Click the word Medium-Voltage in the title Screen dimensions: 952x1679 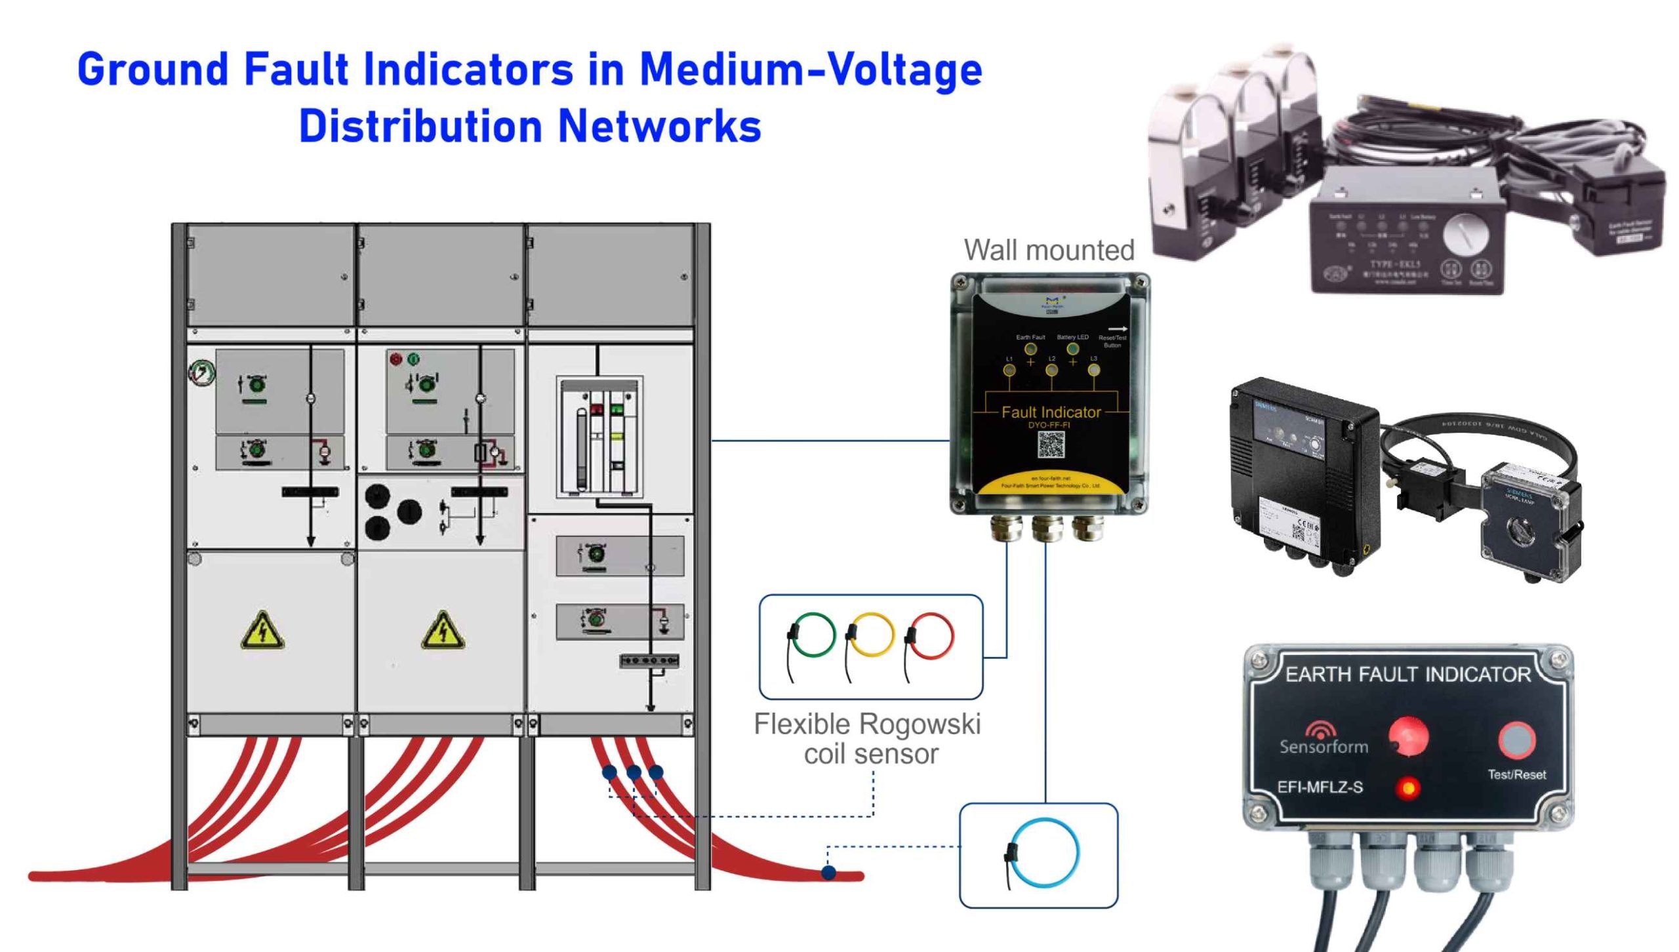[811, 69]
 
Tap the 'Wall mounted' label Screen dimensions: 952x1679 [1049, 250]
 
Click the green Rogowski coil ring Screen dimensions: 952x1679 [813, 634]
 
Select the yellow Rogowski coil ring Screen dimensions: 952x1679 [871, 634]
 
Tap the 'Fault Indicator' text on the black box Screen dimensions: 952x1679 [1051, 412]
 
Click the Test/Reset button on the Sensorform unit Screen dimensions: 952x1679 [1516, 740]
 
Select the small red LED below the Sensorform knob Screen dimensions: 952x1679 [1407, 788]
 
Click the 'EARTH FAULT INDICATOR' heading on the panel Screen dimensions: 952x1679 [1407, 675]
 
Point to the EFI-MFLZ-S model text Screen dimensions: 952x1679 [1320, 787]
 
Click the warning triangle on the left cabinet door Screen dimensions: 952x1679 [262, 631]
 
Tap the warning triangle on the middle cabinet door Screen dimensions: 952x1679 [443, 631]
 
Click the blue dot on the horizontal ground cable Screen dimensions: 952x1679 [829, 873]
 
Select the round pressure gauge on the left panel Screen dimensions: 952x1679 [201, 372]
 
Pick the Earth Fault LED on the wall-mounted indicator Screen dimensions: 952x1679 [1030, 349]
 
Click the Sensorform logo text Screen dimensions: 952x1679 [1324, 746]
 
